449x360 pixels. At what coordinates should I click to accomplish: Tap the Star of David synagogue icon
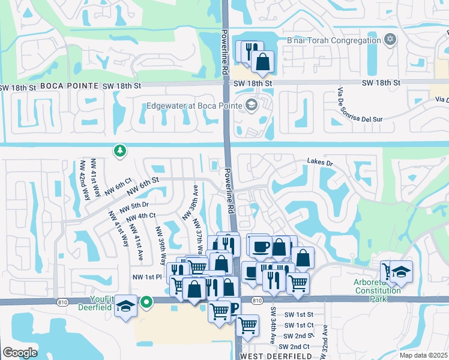point(390,40)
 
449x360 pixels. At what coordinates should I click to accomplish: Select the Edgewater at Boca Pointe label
point(194,106)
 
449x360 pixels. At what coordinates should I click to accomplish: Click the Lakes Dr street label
point(319,161)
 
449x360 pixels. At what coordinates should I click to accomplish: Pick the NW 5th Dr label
point(134,206)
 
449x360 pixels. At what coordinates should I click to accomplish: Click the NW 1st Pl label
point(147,277)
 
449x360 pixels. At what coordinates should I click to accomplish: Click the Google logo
point(19,353)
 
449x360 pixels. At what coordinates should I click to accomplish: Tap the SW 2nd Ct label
point(299,347)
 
